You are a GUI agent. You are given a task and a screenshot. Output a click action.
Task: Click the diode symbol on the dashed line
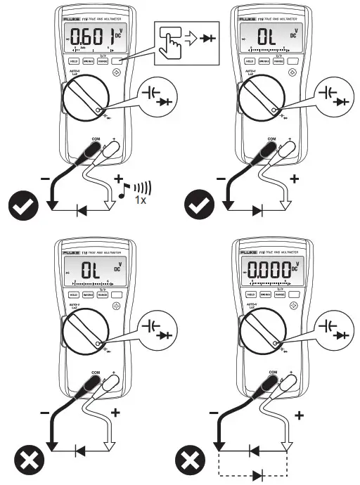click(262, 475)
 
